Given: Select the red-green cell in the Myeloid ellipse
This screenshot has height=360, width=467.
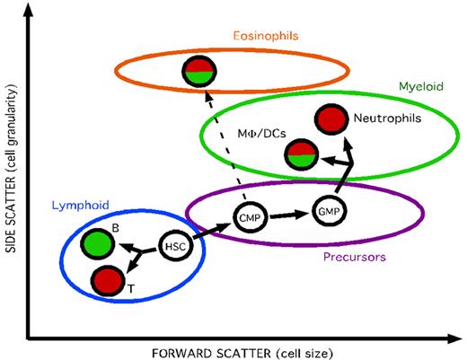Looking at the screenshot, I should (x=299, y=154).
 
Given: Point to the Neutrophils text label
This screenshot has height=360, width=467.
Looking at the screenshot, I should (x=388, y=118).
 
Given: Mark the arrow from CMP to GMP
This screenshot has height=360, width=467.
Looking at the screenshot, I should (x=286, y=215).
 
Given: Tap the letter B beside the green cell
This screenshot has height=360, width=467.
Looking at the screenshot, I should (x=116, y=229).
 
